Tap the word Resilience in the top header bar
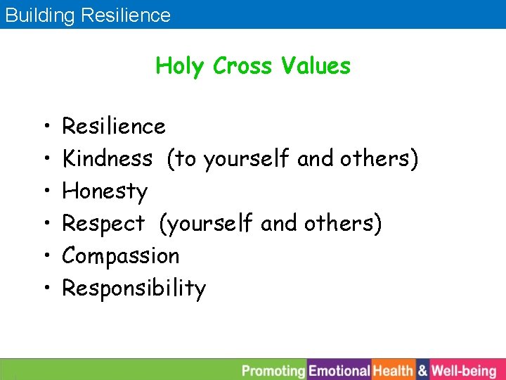pyautogui.click(x=126, y=15)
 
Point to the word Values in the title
pyautogui.click(x=316, y=66)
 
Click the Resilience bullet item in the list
pyautogui.click(x=114, y=127)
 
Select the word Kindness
pyautogui.click(x=107, y=159)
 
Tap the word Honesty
pyautogui.click(x=105, y=191)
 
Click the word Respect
pyautogui.click(x=103, y=224)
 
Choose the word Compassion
pyautogui.click(x=121, y=256)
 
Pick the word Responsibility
pyautogui.click(x=134, y=289)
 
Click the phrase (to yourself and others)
pyautogui.click(x=292, y=159)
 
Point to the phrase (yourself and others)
pyautogui.click(x=271, y=224)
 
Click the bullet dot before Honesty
pyautogui.click(x=44, y=191)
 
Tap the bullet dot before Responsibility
pyautogui.click(x=44, y=289)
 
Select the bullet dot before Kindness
pyautogui.click(x=44, y=159)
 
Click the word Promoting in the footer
pyautogui.click(x=274, y=370)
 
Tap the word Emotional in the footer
pyautogui.click(x=339, y=370)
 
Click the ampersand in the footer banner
pyautogui.click(x=422, y=370)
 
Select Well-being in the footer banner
pyautogui.click(x=464, y=370)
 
